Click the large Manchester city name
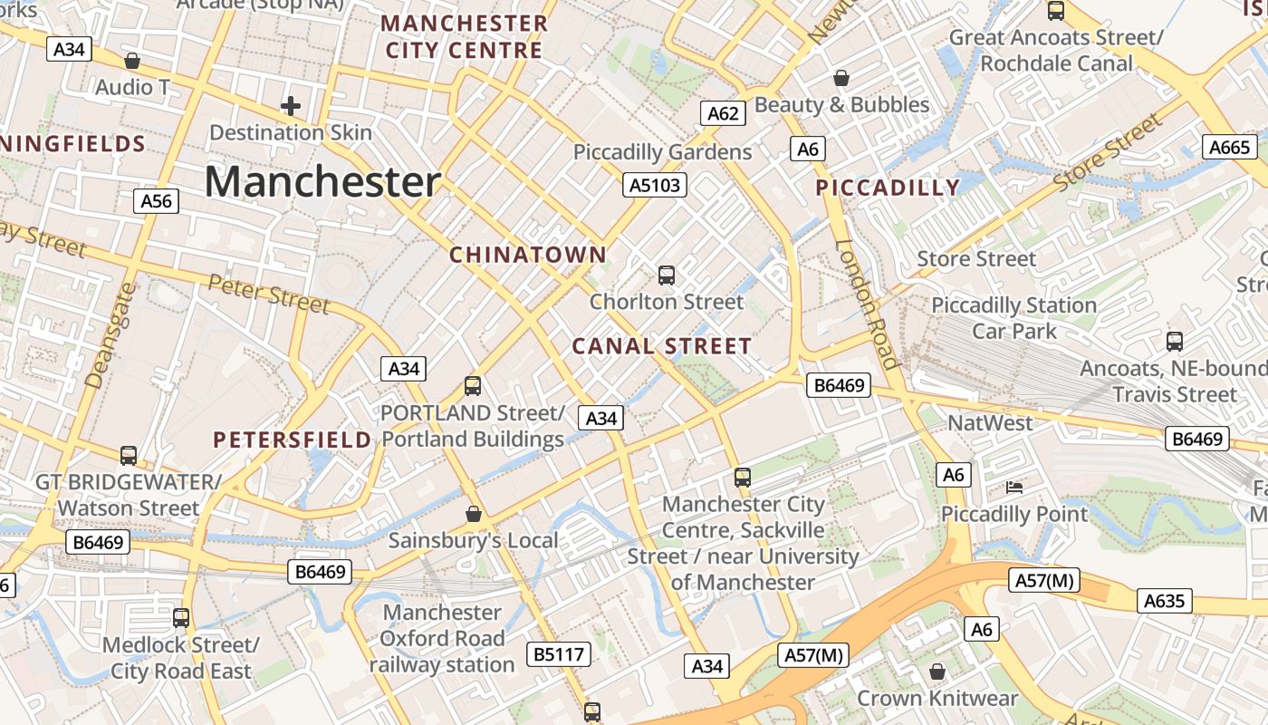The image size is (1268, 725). click(322, 181)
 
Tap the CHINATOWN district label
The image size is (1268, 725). click(528, 255)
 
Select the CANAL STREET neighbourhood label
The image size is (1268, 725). click(661, 346)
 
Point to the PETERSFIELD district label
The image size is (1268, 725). click(292, 440)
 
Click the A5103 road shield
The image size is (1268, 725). click(655, 186)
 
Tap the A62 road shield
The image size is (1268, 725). click(723, 113)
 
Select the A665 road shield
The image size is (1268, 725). click(1230, 148)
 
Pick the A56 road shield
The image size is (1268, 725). click(156, 201)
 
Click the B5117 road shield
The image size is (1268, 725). click(560, 654)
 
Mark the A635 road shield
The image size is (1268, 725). click(1164, 601)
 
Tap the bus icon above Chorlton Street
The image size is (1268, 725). click(667, 275)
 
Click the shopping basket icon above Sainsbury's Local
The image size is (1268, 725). click(473, 514)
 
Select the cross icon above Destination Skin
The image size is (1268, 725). click(291, 106)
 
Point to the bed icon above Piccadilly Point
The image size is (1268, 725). click(1014, 488)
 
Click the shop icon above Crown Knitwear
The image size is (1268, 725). click(937, 672)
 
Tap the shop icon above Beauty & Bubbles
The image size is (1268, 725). click(841, 78)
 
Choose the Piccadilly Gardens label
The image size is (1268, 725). click(662, 152)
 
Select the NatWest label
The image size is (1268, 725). click(989, 423)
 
